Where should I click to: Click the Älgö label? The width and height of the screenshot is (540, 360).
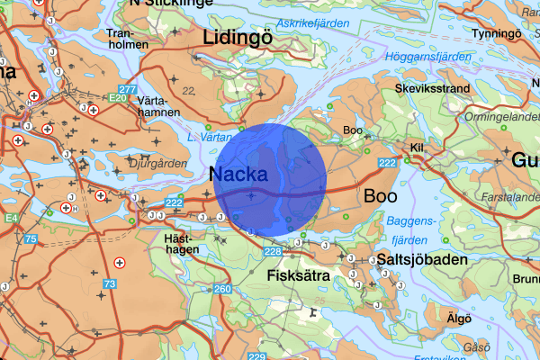[458, 317]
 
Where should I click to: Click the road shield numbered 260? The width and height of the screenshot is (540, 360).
[222, 289]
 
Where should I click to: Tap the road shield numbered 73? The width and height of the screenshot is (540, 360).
[110, 283]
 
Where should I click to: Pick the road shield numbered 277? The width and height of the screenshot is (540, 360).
[128, 90]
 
